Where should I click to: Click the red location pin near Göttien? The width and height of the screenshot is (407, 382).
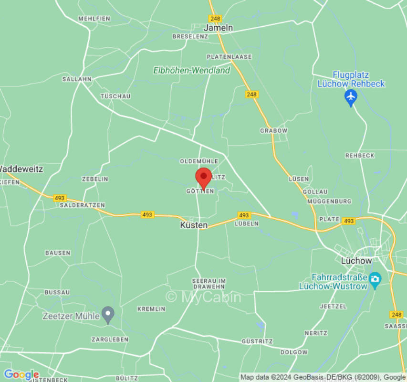tap(204, 178)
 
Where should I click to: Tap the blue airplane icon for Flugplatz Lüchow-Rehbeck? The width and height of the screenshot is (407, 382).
tap(351, 97)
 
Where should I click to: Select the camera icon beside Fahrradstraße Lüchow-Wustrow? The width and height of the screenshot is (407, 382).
tap(375, 278)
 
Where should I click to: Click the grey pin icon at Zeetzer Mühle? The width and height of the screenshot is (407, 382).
tap(109, 315)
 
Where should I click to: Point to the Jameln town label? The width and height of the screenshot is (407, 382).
tap(218, 28)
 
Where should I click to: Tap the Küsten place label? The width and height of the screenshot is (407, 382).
tap(194, 225)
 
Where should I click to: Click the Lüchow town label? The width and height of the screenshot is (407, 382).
tap(356, 261)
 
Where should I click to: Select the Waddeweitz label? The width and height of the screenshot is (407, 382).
tap(21, 169)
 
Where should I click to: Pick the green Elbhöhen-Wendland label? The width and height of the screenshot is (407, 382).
tap(191, 70)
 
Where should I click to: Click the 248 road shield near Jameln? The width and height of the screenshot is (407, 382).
tap(215, 18)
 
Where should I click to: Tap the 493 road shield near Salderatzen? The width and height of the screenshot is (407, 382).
tap(60, 198)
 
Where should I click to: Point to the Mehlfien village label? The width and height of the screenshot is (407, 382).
tap(94, 19)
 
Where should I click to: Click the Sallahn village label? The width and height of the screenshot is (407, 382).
tap(77, 79)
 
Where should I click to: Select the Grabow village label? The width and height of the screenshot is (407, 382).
tap(274, 130)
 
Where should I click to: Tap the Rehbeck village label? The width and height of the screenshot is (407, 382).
tap(360, 156)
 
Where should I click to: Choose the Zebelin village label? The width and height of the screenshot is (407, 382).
tap(95, 179)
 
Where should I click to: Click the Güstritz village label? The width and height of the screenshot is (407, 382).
tap(257, 341)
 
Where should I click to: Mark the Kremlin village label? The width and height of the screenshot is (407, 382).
tap(151, 309)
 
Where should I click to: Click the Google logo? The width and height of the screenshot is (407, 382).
tap(21, 375)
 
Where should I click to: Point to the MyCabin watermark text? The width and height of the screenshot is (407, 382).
tap(203, 297)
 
